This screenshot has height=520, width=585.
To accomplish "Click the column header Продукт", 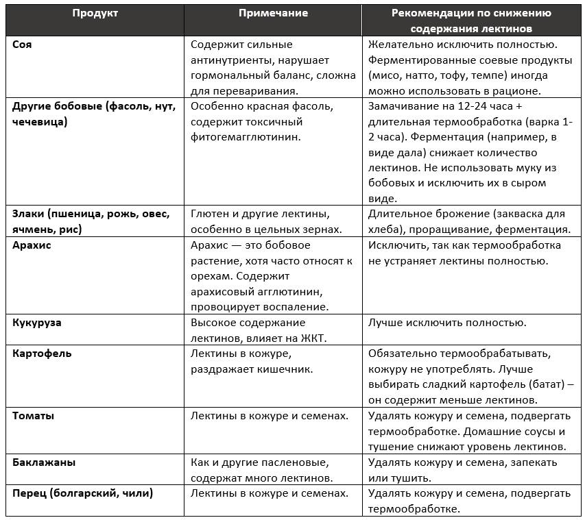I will pyautogui.click(x=95, y=14).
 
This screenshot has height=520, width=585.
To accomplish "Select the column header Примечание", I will pyautogui.click(x=273, y=14).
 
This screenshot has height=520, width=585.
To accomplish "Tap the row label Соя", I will pyautogui.click(x=22, y=45).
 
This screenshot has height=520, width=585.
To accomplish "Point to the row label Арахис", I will pyautogui.click(x=32, y=245).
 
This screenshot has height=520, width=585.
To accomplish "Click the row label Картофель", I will pyautogui.click(x=42, y=354).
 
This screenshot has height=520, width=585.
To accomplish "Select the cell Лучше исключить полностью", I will pyautogui.click(x=446, y=323).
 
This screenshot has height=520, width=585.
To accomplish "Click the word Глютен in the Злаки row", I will pyautogui.click(x=210, y=214).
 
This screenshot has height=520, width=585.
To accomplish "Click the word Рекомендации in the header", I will pyautogui.click(x=438, y=14).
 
